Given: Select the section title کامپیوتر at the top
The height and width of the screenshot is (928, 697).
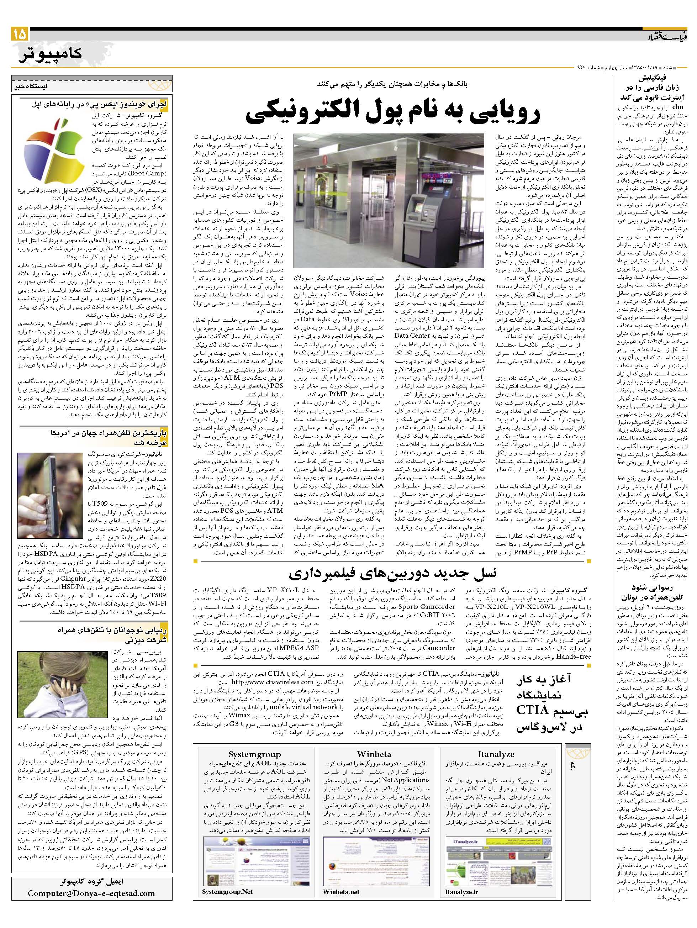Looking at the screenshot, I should (x=50, y=54).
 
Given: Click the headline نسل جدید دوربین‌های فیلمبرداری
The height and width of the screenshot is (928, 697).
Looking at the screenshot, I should (x=392, y=573).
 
